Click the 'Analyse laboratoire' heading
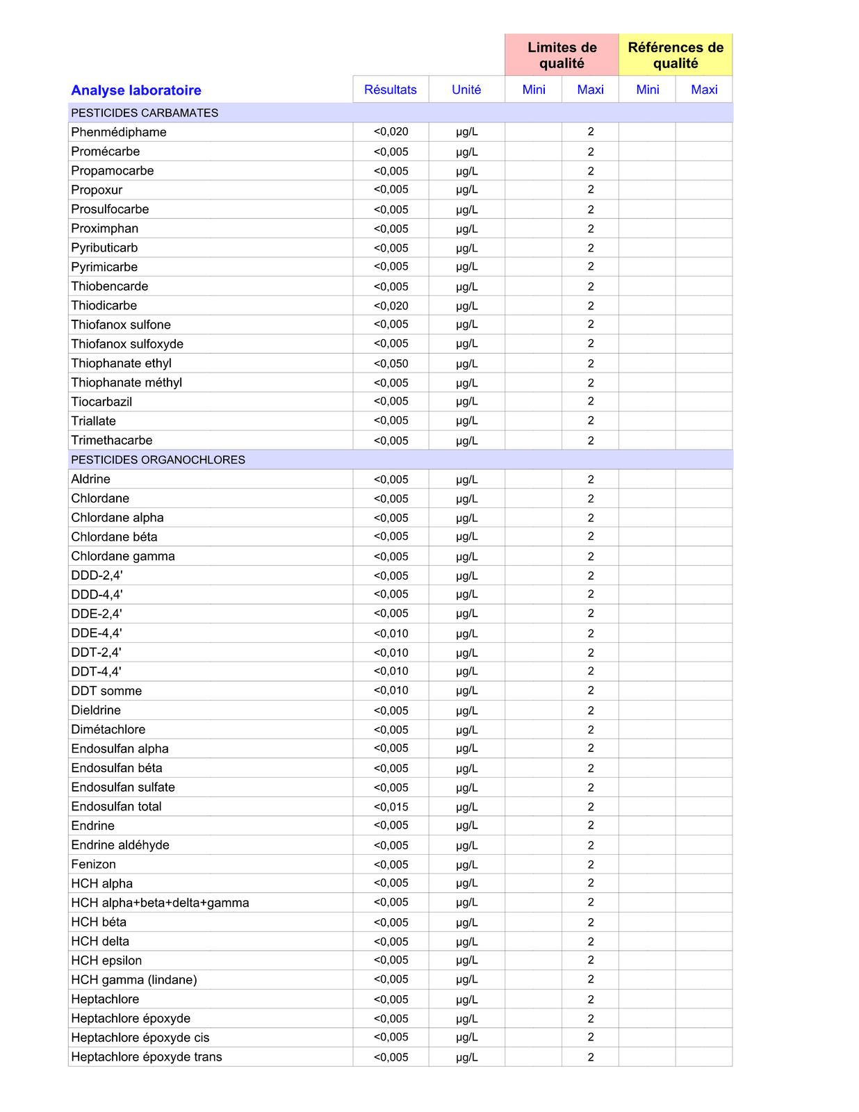[136, 90]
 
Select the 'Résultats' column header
[391, 90]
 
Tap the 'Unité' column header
[466, 90]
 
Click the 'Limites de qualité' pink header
[562, 56]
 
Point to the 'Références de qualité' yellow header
[676, 56]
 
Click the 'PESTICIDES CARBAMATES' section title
[145, 113]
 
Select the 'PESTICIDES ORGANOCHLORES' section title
[158, 459]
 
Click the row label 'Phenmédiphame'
[119, 132]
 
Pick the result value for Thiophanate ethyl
[391, 363]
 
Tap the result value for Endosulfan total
[391, 807]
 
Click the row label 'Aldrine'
[90, 479]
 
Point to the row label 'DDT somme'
[106, 691]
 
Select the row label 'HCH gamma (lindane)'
[134, 980]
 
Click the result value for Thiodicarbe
[391, 306]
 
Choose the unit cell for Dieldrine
[467, 710]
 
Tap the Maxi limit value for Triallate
[591, 421]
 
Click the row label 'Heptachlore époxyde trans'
[147, 1057]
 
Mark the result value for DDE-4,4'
[391, 633]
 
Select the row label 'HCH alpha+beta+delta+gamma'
[160, 903]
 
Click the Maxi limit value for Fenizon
[591, 865]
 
